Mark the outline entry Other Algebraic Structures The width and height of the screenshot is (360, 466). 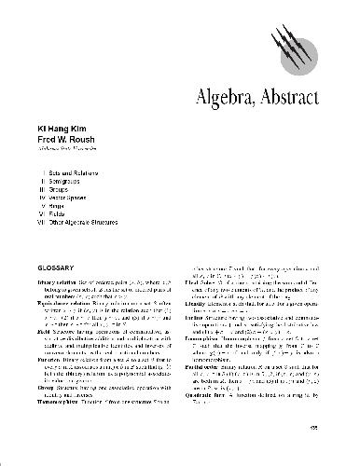tap(88, 223)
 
